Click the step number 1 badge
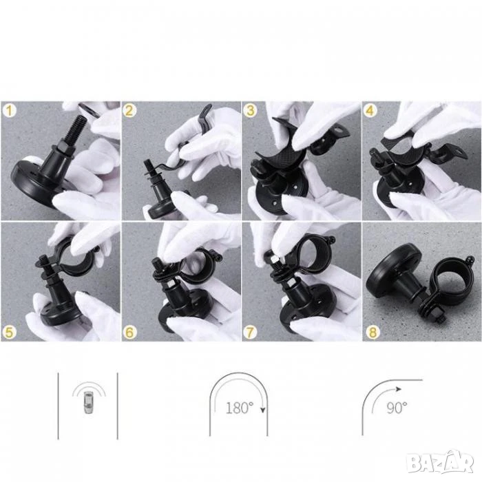click(x=9, y=111)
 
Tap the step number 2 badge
click(x=129, y=111)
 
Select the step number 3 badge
click(x=250, y=111)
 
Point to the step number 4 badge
click(x=370, y=111)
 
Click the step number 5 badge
click(x=9, y=332)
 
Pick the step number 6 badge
click(x=129, y=332)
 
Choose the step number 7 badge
click(x=250, y=332)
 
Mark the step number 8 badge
click(x=373, y=332)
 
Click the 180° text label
click(x=240, y=408)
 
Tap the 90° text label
click(x=397, y=408)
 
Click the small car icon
click(x=89, y=402)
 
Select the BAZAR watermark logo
click(x=439, y=462)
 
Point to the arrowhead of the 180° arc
click(x=263, y=410)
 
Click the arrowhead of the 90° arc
click(x=399, y=389)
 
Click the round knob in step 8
click(x=392, y=269)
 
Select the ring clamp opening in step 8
click(x=452, y=278)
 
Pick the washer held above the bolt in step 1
click(x=89, y=111)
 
